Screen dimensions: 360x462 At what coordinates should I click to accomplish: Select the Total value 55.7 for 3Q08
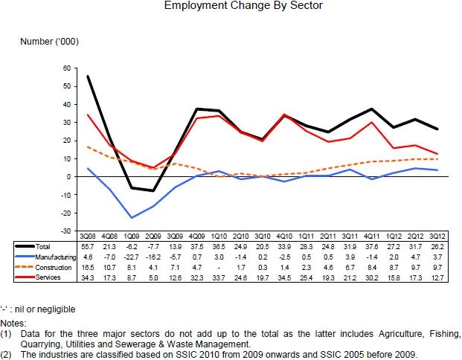[88, 245]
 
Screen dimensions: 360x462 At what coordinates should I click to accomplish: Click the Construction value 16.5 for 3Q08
[88, 266]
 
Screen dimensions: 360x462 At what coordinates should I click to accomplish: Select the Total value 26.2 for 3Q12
[441, 245]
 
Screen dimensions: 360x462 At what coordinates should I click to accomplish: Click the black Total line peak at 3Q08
[88, 77]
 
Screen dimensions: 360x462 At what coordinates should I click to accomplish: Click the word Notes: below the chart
[13, 324]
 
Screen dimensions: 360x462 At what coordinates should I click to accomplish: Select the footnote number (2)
[7, 354]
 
